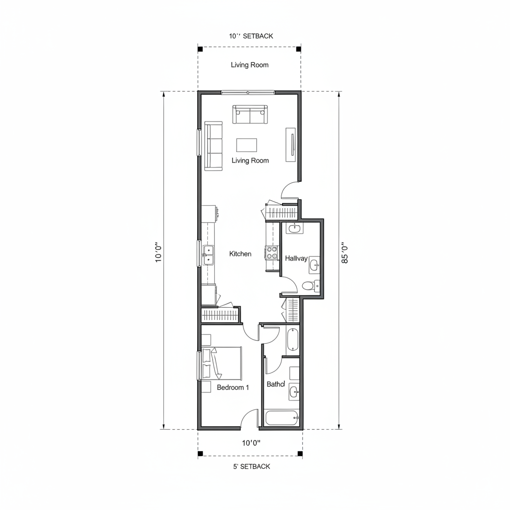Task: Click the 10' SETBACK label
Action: tap(251, 36)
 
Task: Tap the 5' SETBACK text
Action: tap(252, 467)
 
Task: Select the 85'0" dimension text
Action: tap(344, 253)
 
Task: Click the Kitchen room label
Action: tap(240, 254)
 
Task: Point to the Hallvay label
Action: tap(296, 258)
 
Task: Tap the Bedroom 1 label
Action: tap(233, 387)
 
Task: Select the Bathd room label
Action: tap(275, 384)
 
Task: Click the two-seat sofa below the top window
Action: tap(250, 115)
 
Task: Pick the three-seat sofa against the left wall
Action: tap(213, 146)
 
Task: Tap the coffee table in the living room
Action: tap(247, 145)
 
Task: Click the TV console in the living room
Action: tap(291, 144)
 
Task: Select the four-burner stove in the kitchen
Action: tap(272, 253)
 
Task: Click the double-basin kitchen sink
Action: tap(208, 255)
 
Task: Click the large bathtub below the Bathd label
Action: tap(281, 417)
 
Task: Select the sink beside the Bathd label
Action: tap(294, 391)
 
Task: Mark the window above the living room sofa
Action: tap(248, 92)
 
